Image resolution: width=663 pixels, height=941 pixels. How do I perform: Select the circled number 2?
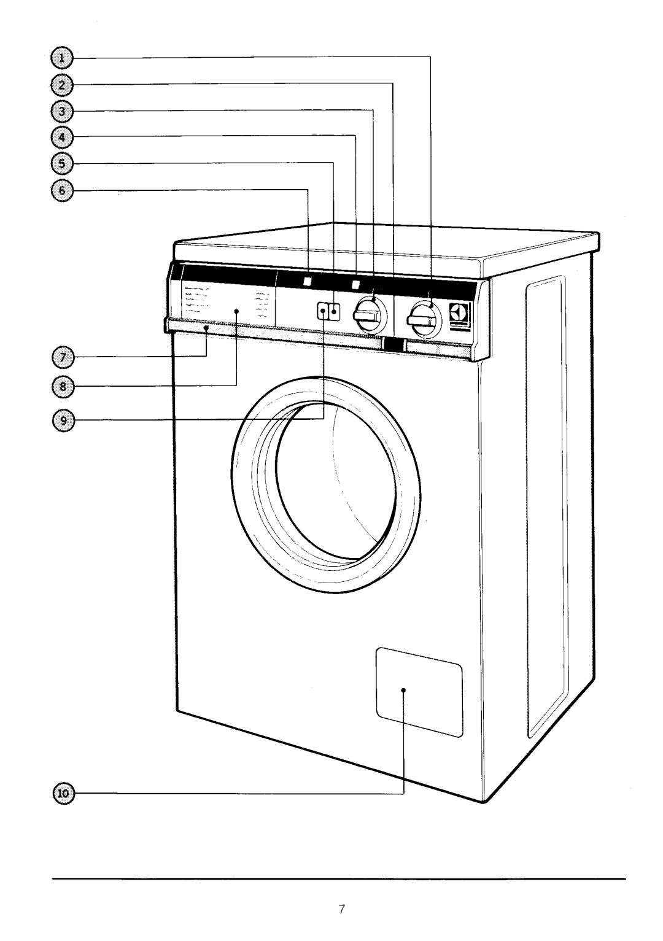(61, 83)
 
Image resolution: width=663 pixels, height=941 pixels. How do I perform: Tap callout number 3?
(61, 111)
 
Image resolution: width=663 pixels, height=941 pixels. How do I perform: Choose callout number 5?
(61, 163)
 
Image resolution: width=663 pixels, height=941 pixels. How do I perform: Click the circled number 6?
(61, 190)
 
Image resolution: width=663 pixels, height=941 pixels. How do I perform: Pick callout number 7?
(61, 355)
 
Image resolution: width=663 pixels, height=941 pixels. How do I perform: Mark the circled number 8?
(61, 385)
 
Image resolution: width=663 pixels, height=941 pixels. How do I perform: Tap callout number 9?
(61, 419)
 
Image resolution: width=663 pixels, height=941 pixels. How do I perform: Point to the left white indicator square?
(307, 282)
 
